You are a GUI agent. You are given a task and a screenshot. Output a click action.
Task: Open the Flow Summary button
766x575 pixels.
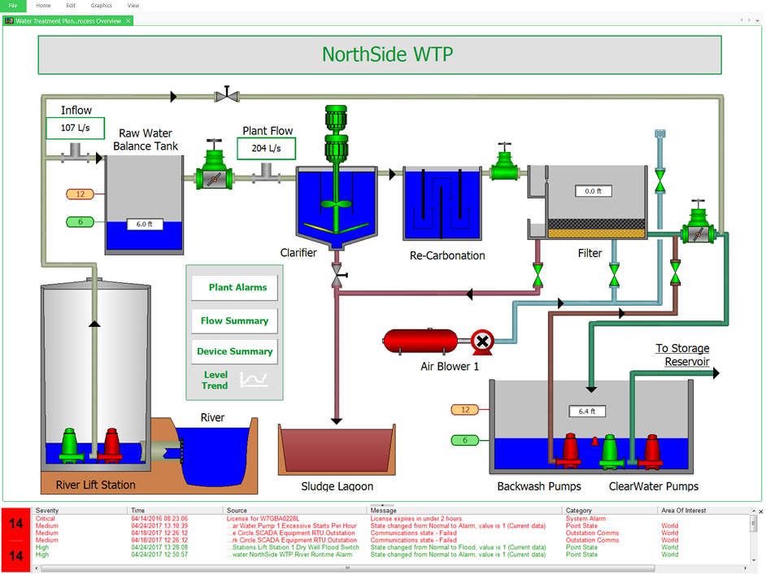pos(234,321)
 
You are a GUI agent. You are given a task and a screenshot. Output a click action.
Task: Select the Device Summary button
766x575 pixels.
pos(234,351)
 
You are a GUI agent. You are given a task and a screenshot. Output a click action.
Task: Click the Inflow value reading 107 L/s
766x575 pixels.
pos(76,128)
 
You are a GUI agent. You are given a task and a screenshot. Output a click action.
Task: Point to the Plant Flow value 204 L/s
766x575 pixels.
pos(266,148)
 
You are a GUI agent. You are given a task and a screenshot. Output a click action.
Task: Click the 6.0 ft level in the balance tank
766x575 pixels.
pos(146,224)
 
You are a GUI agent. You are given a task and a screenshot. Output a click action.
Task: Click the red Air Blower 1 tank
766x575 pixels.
pos(420,342)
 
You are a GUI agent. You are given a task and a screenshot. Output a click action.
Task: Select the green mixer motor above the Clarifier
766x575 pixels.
pos(336,134)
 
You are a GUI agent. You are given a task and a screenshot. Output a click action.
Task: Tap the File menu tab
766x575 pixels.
pos(13,6)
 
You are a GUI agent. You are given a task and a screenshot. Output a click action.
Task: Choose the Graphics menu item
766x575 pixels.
pos(101,6)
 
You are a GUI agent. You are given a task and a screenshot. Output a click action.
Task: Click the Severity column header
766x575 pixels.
pos(47,511)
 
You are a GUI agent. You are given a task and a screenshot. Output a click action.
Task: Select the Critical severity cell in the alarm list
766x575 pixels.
pos(46,518)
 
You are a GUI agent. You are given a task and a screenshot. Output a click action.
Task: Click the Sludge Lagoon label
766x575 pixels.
pos(337,486)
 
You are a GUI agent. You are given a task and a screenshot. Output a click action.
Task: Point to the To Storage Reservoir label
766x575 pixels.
pos(682,355)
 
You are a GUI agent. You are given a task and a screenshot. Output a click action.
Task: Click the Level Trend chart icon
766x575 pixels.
pos(253,379)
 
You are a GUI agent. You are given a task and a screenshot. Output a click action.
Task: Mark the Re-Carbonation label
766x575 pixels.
pos(447,255)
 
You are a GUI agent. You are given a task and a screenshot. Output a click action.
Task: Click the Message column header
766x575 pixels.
pos(384,511)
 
